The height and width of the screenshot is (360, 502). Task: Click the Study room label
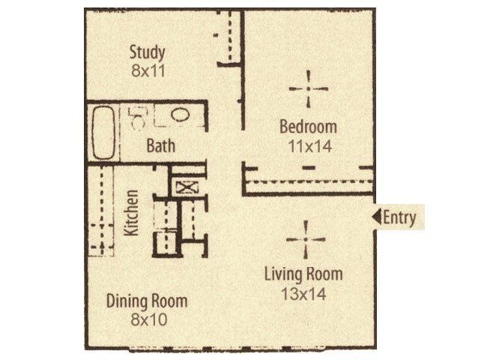(148, 52)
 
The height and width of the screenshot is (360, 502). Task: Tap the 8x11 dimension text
(148, 70)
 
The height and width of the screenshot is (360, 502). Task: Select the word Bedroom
(308, 127)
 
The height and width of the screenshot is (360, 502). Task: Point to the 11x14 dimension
(310, 146)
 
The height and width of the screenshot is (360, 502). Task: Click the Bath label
(161, 145)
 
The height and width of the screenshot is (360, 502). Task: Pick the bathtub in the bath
(103, 133)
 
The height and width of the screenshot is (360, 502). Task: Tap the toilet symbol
(138, 118)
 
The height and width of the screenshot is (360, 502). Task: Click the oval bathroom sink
(181, 115)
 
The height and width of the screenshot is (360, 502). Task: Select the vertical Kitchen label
(132, 212)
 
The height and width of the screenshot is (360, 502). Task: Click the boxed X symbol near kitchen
(187, 187)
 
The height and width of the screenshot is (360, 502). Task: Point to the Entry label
(399, 217)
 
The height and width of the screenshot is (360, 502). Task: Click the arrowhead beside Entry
(376, 217)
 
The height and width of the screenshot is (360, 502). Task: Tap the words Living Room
(303, 274)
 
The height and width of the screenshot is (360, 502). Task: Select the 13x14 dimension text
(303, 294)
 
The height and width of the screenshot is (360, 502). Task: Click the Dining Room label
(147, 301)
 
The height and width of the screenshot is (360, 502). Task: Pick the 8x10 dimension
(149, 319)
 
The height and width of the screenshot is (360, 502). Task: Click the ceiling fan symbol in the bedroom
(308, 88)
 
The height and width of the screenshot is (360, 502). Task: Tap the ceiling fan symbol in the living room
(306, 239)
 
